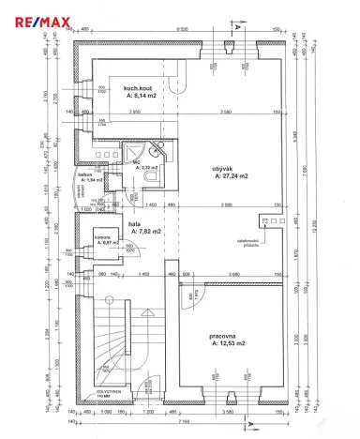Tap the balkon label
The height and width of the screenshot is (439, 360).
click(x=83, y=175)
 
